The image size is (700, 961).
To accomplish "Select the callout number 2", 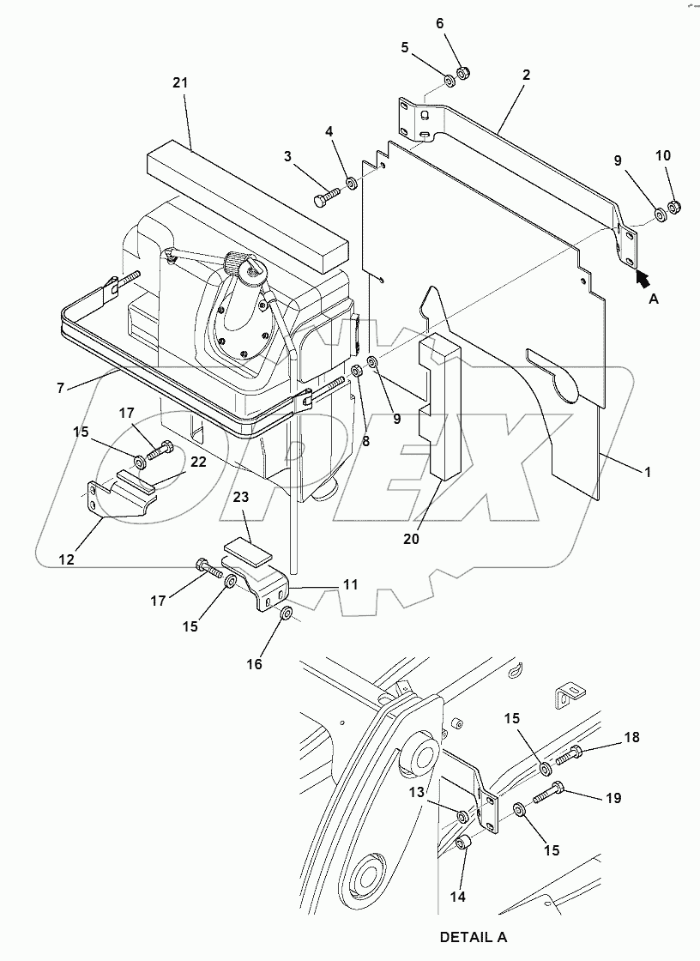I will pyautogui.click(x=526, y=76).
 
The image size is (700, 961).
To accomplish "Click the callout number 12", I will pyautogui.click(x=67, y=559).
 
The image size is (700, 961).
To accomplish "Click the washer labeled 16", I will pyautogui.click(x=287, y=613).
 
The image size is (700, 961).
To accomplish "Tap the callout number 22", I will pyautogui.click(x=198, y=462).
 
